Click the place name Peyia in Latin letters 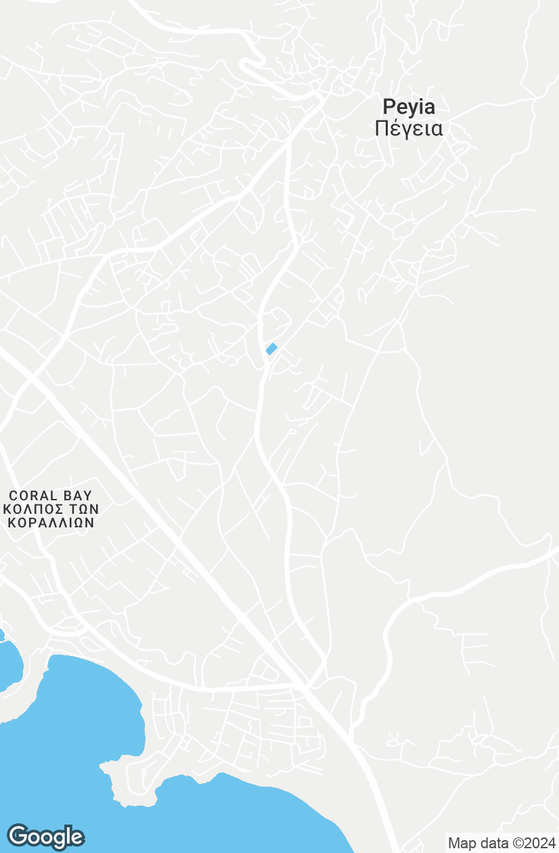point(409,107)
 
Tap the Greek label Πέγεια point(409,129)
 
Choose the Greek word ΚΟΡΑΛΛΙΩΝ point(51,523)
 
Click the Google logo point(45,837)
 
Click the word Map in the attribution point(462,844)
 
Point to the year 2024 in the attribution point(541,844)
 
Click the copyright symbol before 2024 point(517,844)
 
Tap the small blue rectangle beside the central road point(271,349)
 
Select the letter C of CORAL point(14,496)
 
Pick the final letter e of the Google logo point(78,838)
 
